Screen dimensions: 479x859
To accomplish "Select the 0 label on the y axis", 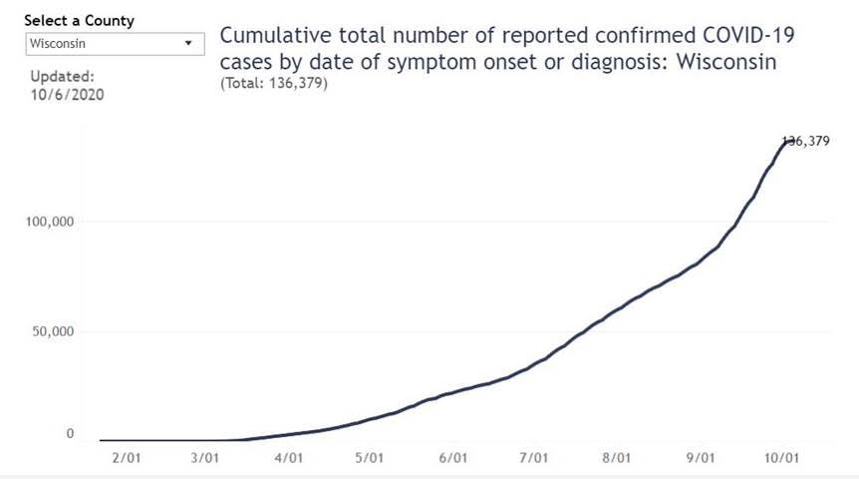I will coord(70,434).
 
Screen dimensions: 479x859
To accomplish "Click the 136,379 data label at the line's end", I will coord(806,142).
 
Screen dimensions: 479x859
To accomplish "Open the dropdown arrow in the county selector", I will coord(188,44).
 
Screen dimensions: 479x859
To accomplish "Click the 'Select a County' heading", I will coord(79,21).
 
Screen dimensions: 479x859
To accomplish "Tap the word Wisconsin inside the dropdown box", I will coord(57,44).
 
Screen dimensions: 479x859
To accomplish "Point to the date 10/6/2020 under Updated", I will coord(67,95).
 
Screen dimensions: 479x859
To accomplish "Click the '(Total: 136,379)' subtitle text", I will coord(273,84).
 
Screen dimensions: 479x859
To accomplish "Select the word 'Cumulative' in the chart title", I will coord(270,37).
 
